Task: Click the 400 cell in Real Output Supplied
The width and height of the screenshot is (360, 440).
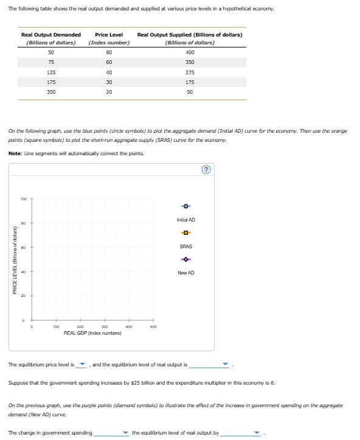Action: pos(190,52)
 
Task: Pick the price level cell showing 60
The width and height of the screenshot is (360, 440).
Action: pos(109,62)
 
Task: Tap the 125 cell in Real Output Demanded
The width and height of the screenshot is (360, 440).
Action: pos(51,72)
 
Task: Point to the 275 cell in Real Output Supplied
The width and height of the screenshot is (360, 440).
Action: pos(190,72)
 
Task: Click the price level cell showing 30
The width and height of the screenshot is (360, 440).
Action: pos(109,82)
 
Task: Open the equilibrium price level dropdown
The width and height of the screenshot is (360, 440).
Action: pos(83,365)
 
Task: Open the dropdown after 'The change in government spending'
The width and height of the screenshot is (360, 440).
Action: pos(112,433)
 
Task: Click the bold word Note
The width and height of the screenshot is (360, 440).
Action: pos(16,153)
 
